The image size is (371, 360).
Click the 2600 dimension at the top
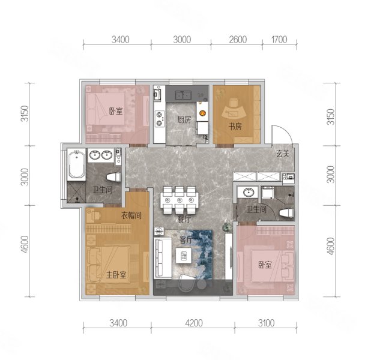[x=238, y=40]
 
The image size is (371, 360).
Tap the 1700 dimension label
[x=279, y=40]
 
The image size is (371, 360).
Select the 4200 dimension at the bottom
[x=194, y=323]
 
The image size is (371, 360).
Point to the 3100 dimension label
[x=266, y=323]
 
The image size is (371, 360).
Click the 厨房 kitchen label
[x=184, y=119]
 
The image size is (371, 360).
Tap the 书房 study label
[x=235, y=127]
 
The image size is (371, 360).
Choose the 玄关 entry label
[x=283, y=154]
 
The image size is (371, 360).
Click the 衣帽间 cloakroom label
[x=131, y=215]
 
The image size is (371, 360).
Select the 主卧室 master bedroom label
[x=116, y=275]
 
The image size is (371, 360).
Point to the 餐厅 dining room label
[x=184, y=219]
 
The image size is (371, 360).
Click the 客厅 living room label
[x=185, y=240]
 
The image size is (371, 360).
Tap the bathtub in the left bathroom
[x=76, y=164]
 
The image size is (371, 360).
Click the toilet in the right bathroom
[x=286, y=212]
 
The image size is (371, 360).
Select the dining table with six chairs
[x=179, y=200]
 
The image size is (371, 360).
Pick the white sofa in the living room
[x=163, y=258]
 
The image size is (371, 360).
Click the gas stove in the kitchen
[x=160, y=119]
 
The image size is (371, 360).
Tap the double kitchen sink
[x=183, y=95]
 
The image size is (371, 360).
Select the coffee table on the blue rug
[x=184, y=256]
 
